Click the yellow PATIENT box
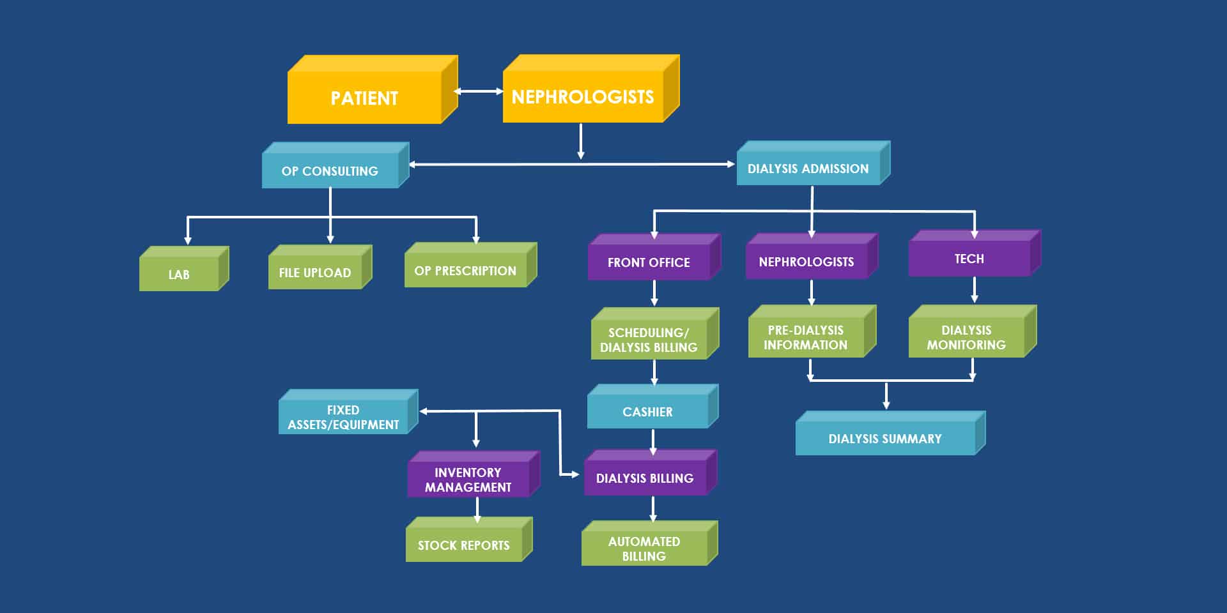(x=364, y=98)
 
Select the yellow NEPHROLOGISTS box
(x=583, y=96)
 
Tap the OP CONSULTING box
(x=330, y=170)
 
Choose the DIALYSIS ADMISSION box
(x=808, y=169)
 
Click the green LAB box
(x=179, y=274)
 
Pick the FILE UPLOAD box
(x=315, y=273)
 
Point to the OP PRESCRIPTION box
(x=465, y=271)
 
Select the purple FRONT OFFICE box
(x=649, y=262)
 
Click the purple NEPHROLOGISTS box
(x=806, y=261)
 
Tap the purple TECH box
(x=969, y=259)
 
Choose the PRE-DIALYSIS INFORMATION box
(x=805, y=337)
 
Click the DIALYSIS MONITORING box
(x=966, y=337)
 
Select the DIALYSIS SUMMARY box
(x=885, y=439)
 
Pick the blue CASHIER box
(x=647, y=412)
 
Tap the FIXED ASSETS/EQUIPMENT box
(x=343, y=417)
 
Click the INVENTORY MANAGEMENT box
(x=468, y=480)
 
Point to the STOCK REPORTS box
(x=464, y=545)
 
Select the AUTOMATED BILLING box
(x=644, y=549)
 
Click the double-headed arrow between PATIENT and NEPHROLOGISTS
(x=479, y=91)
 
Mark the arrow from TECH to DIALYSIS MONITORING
(x=974, y=290)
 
